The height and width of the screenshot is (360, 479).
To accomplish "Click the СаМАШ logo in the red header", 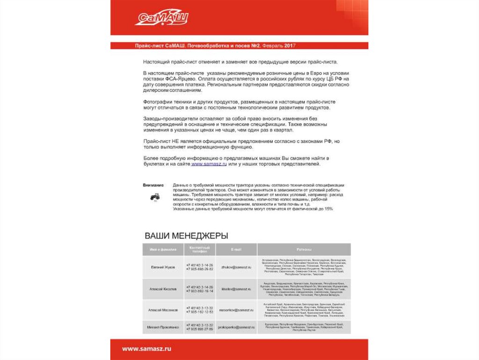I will click(161, 18).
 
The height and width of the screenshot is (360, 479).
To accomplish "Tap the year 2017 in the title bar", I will click(290, 45).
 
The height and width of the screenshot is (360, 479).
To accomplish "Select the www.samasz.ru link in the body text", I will click(209, 164).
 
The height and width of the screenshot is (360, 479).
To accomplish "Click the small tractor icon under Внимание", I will click(155, 197).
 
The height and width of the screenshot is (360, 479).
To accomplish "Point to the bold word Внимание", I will click(153, 185).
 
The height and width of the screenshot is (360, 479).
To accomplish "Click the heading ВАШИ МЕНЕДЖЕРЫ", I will click(186, 235).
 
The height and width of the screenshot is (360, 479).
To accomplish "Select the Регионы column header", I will click(304, 250).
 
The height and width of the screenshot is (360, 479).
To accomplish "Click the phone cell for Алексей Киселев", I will click(200, 289).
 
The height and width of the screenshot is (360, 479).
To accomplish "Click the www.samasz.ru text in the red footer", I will click(147, 349).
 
